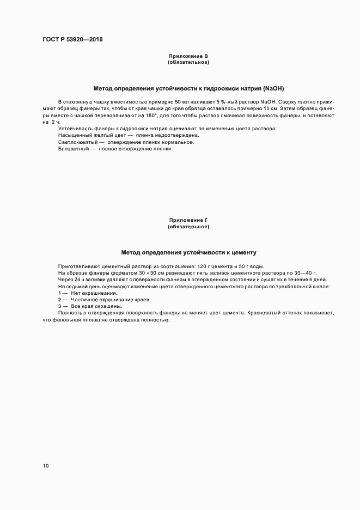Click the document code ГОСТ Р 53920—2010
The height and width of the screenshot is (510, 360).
72,40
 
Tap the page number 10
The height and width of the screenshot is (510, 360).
45,466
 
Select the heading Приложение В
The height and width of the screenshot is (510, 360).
188,56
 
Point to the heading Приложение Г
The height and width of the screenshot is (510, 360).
188,220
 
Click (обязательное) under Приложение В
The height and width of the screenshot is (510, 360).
188,62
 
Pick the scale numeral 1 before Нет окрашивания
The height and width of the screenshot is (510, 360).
59,293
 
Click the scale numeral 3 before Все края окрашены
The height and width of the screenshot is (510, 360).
59,306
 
